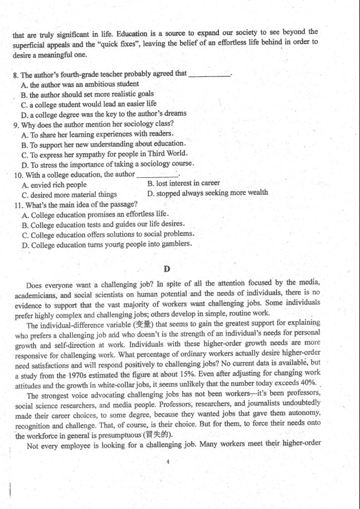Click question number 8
point(16,74)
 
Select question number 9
point(16,124)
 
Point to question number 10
point(18,174)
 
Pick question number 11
point(18,205)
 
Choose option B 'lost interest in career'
point(183,183)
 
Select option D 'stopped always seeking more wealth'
point(207,193)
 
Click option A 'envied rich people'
point(54,185)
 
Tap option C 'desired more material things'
point(69,195)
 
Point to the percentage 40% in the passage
point(308,384)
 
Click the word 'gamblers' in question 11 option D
point(176,244)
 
